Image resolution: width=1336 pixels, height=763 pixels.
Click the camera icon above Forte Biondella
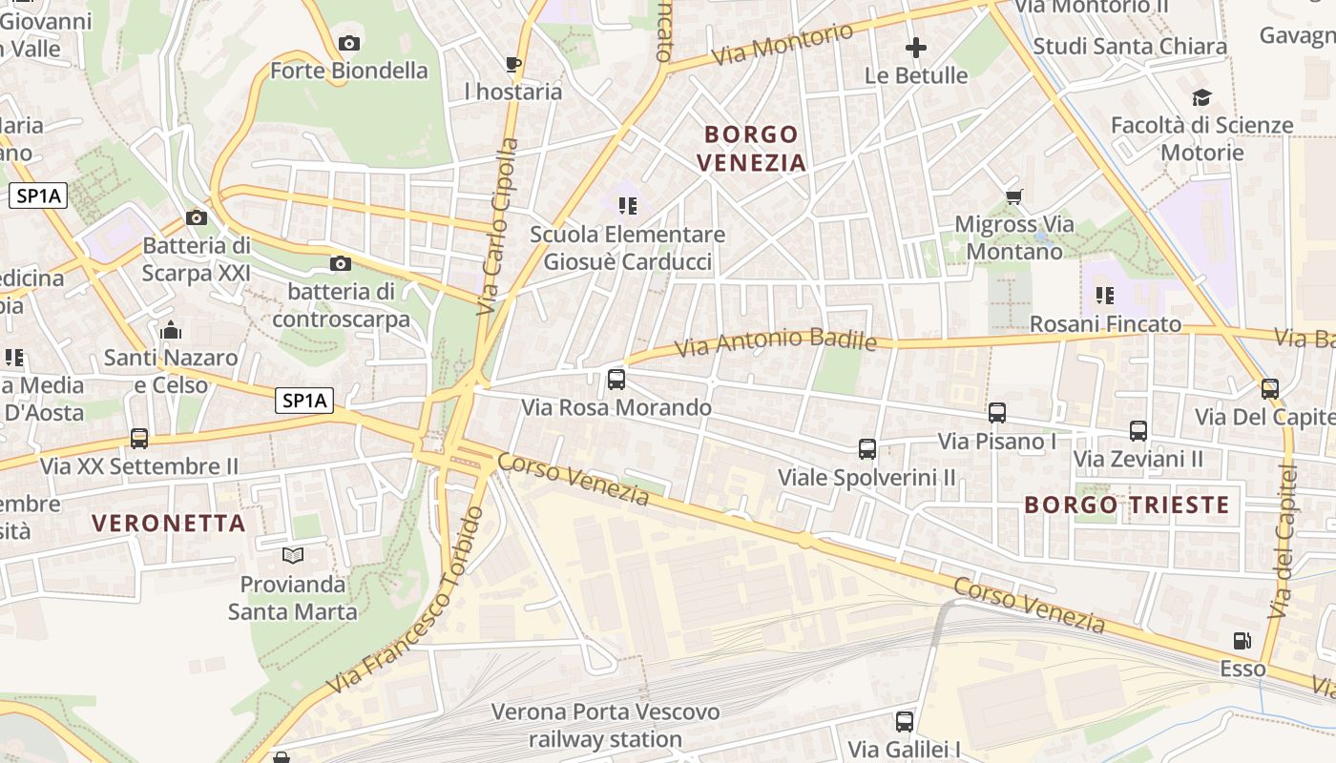coord(349,43)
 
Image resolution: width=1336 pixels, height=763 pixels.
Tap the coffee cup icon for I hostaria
coord(512,65)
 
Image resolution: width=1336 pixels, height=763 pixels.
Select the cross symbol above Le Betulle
coord(916,48)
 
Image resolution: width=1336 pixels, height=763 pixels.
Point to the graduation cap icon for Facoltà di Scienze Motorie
coord(1201,97)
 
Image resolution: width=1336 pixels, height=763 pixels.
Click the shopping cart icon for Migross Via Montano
coord(1013,197)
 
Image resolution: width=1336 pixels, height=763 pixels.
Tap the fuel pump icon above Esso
coord(1242,641)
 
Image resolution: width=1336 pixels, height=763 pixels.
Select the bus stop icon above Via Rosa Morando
coord(616,380)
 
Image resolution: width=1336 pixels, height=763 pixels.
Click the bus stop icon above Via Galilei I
coord(904,722)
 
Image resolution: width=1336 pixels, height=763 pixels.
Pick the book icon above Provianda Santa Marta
coord(292,555)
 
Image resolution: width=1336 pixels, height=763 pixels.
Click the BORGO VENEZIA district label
coord(751,148)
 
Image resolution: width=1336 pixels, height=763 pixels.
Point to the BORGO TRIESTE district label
coord(1127,505)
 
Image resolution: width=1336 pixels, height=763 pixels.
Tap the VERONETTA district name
coord(169,523)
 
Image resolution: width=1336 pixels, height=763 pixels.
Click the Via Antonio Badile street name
coord(775,341)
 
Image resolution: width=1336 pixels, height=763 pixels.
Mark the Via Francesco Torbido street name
coord(407,602)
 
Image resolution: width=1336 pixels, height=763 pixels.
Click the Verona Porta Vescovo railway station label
coord(605,725)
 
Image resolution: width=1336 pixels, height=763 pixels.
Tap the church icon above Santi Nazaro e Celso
coord(171,331)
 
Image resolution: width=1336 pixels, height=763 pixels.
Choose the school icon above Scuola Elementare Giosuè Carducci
coord(627,206)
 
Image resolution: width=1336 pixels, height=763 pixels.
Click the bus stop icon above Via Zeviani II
coord(1138,431)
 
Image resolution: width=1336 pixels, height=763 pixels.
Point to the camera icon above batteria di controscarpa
coord(340,264)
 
